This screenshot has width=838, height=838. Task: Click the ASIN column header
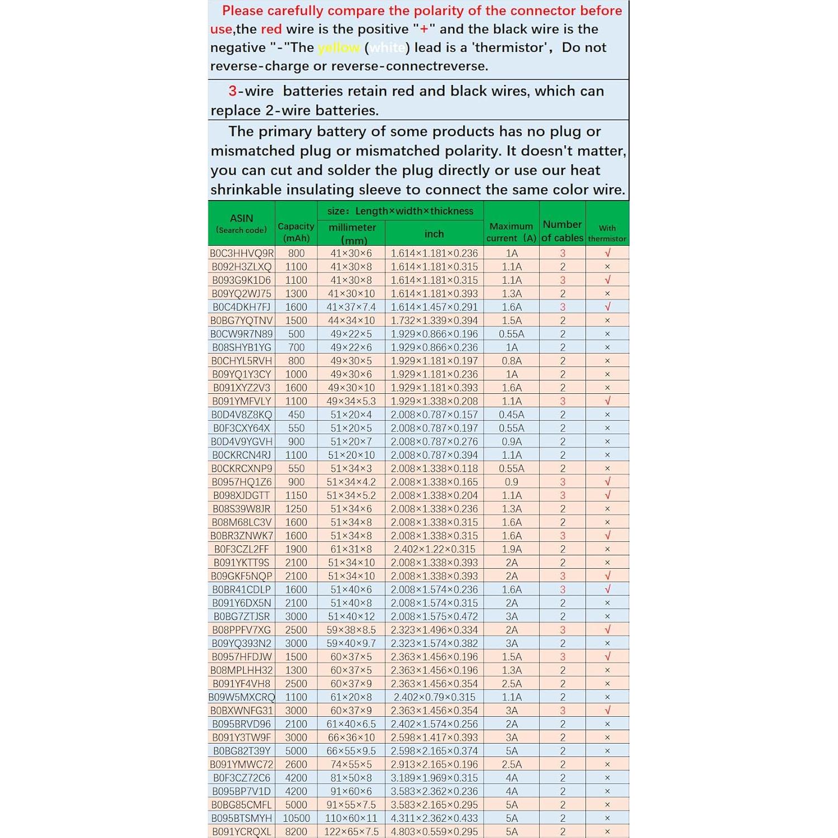pos(241,223)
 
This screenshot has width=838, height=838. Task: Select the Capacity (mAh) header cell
pos(296,232)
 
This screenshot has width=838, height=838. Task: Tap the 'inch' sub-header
pos(434,234)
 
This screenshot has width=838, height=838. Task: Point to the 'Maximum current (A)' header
pos(511,232)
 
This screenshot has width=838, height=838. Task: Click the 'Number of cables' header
pos(562,231)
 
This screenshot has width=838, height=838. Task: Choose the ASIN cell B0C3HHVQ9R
pos(241,253)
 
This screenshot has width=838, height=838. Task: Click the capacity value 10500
pos(296,818)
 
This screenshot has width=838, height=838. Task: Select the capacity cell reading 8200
pos(296,831)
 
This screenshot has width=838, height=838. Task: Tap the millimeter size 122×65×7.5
pos(351,831)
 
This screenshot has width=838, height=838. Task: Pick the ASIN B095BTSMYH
pos(241,818)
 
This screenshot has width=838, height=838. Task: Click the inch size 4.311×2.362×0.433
pos(434,818)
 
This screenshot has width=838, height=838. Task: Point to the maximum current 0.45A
pos(511,415)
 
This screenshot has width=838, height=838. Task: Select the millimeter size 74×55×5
pos(351,764)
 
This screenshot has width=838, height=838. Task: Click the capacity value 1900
pos(296,549)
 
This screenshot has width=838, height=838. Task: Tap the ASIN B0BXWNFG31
pos(241,711)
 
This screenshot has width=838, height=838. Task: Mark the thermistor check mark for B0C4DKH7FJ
pos(607,307)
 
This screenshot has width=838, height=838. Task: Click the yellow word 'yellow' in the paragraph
pos(339,47)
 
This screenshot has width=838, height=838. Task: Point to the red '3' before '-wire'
pos(232,91)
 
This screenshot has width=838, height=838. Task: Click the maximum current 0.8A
pos(511,361)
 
